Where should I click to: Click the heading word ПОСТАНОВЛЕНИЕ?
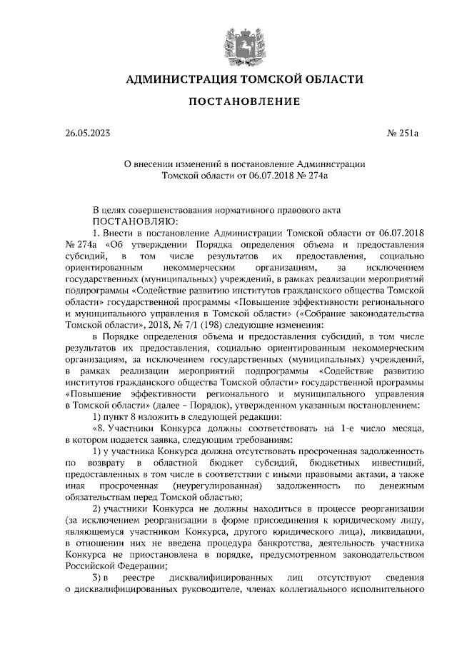coord(243,102)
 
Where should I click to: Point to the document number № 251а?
coord(406,133)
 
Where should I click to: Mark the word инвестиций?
coord(402,463)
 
